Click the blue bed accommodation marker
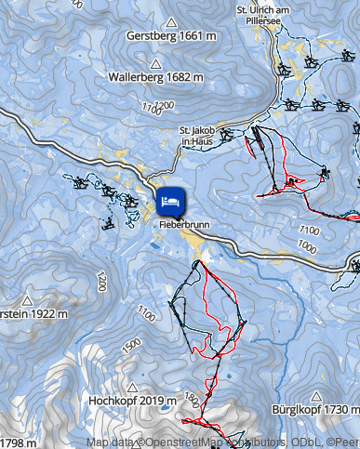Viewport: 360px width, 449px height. pos(169,199)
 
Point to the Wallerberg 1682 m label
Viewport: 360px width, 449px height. pos(155,77)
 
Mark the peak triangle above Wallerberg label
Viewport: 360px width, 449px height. pos(155,63)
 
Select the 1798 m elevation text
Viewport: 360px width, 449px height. pos(19,442)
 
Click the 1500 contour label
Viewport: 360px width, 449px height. pos(131,343)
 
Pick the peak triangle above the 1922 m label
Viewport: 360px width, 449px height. pos(29,300)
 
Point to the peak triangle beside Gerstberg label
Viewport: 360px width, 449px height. pos(172,20)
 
